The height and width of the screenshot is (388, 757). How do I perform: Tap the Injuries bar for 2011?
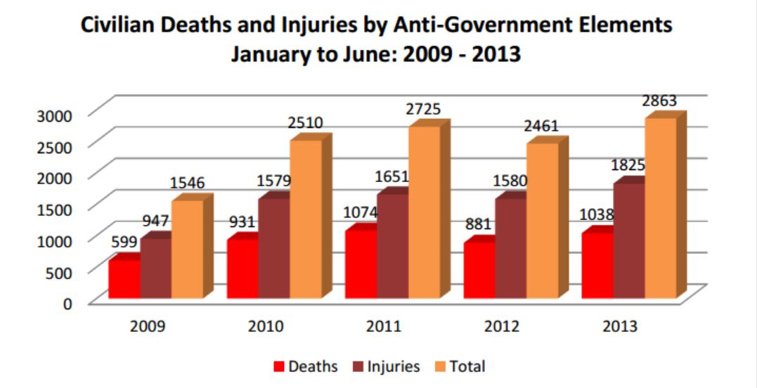coord(392,247)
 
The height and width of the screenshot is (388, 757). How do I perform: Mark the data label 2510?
coord(305,124)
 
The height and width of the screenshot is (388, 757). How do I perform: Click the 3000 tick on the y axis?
coord(53,115)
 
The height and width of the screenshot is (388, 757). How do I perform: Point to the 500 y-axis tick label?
coord(59,273)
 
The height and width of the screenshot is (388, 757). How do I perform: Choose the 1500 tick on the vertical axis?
coord(53,209)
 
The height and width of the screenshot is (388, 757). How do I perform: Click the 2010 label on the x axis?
coord(266,327)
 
